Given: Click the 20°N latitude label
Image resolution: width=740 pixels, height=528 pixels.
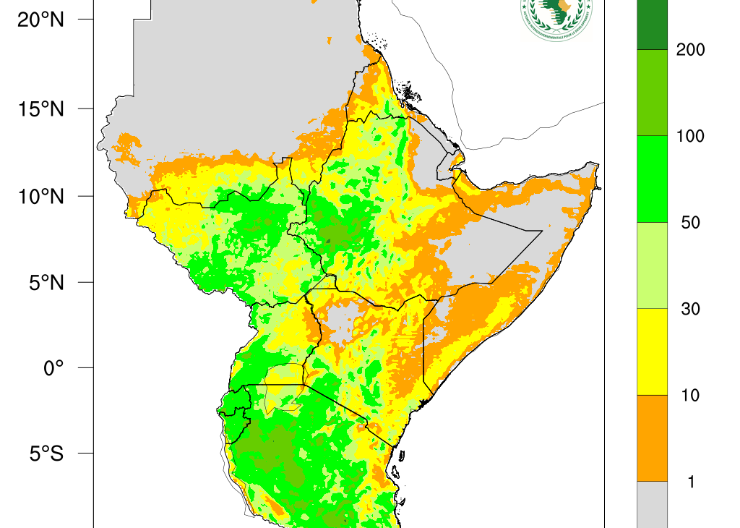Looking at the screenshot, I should pos(40,20).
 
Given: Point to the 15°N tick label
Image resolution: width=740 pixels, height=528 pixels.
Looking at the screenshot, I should pos(40,108).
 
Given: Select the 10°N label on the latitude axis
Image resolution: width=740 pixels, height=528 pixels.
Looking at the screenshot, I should pos(40,196).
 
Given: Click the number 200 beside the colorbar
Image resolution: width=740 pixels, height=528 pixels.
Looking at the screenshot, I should pos(690,50).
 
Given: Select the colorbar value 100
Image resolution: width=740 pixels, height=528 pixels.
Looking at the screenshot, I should pos(690,136).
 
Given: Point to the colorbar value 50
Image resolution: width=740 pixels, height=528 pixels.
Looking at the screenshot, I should pos(690,223).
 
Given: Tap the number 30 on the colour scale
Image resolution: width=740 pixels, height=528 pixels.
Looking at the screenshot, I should pos(690,309).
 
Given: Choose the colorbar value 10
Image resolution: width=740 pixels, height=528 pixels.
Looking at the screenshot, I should pos(690,395).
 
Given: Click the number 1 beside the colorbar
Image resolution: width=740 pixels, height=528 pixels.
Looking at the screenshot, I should pos(690,482).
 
